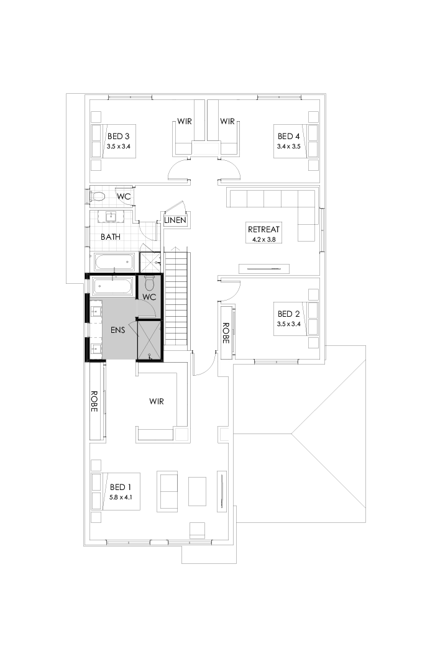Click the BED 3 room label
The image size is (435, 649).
tap(118, 136)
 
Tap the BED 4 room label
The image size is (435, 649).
tap(288, 136)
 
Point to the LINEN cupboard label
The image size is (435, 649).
tap(175, 220)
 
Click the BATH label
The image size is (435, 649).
tap(111, 237)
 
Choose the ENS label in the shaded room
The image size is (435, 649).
tap(117, 330)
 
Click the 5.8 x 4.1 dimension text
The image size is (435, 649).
tap(120, 497)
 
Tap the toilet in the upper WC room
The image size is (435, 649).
tap(98, 197)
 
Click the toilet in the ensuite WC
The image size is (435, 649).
tap(149, 284)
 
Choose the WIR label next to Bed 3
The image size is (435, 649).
tap(184, 122)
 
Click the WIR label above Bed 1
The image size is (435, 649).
tap(157, 402)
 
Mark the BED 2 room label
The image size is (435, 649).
tap(288, 314)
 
